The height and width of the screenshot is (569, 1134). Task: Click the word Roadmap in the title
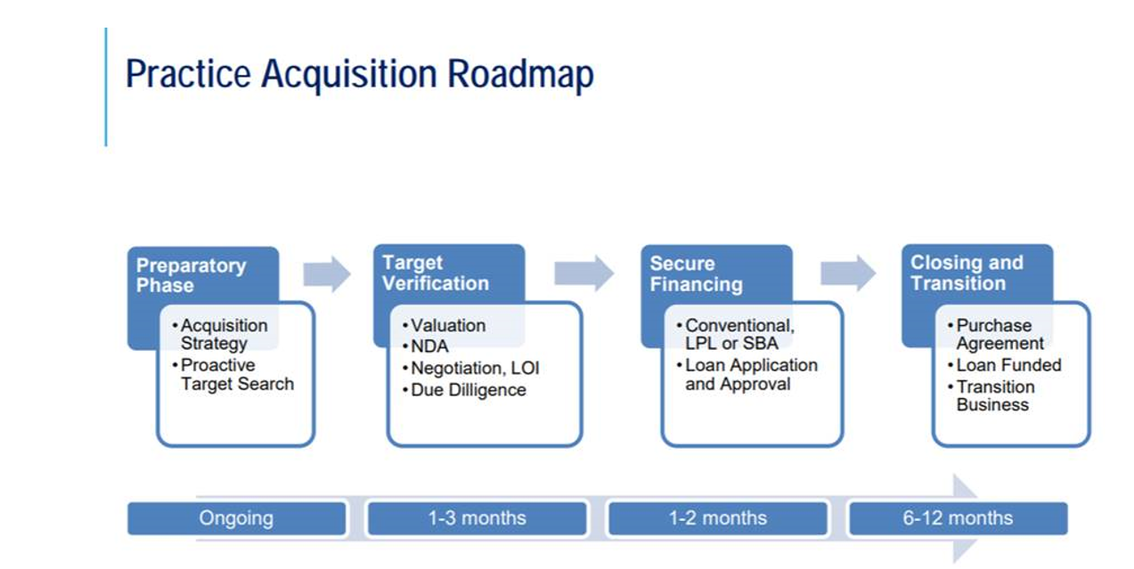pyautogui.click(x=520, y=75)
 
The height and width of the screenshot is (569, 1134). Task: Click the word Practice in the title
pyautogui.click(x=188, y=74)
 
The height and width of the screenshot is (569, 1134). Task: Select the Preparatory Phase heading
pyautogui.click(x=192, y=275)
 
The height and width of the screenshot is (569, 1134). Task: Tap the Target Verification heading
pyautogui.click(x=436, y=273)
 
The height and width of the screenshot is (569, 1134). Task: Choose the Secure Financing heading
pyautogui.click(x=696, y=274)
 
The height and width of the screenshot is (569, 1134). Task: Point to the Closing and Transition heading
pyautogui.click(x=967, y=272)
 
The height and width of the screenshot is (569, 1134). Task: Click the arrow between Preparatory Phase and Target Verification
pyautogui.click(x=327, y=274)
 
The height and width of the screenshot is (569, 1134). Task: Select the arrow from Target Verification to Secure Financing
pyautogui.click(x=584, y=273)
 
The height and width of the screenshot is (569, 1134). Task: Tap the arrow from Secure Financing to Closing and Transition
pyautogui.click(x=848, y=273)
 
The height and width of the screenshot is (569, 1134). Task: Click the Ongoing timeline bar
pyautogui.click(x=236, y=518)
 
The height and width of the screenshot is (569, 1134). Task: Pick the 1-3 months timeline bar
pyautogui.click(x=477, y=518)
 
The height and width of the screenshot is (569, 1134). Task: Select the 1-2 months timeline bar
pyautogui.click(x=718, y=518)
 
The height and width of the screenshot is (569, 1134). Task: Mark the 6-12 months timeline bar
pyautogui.click(x=959, y=518)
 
